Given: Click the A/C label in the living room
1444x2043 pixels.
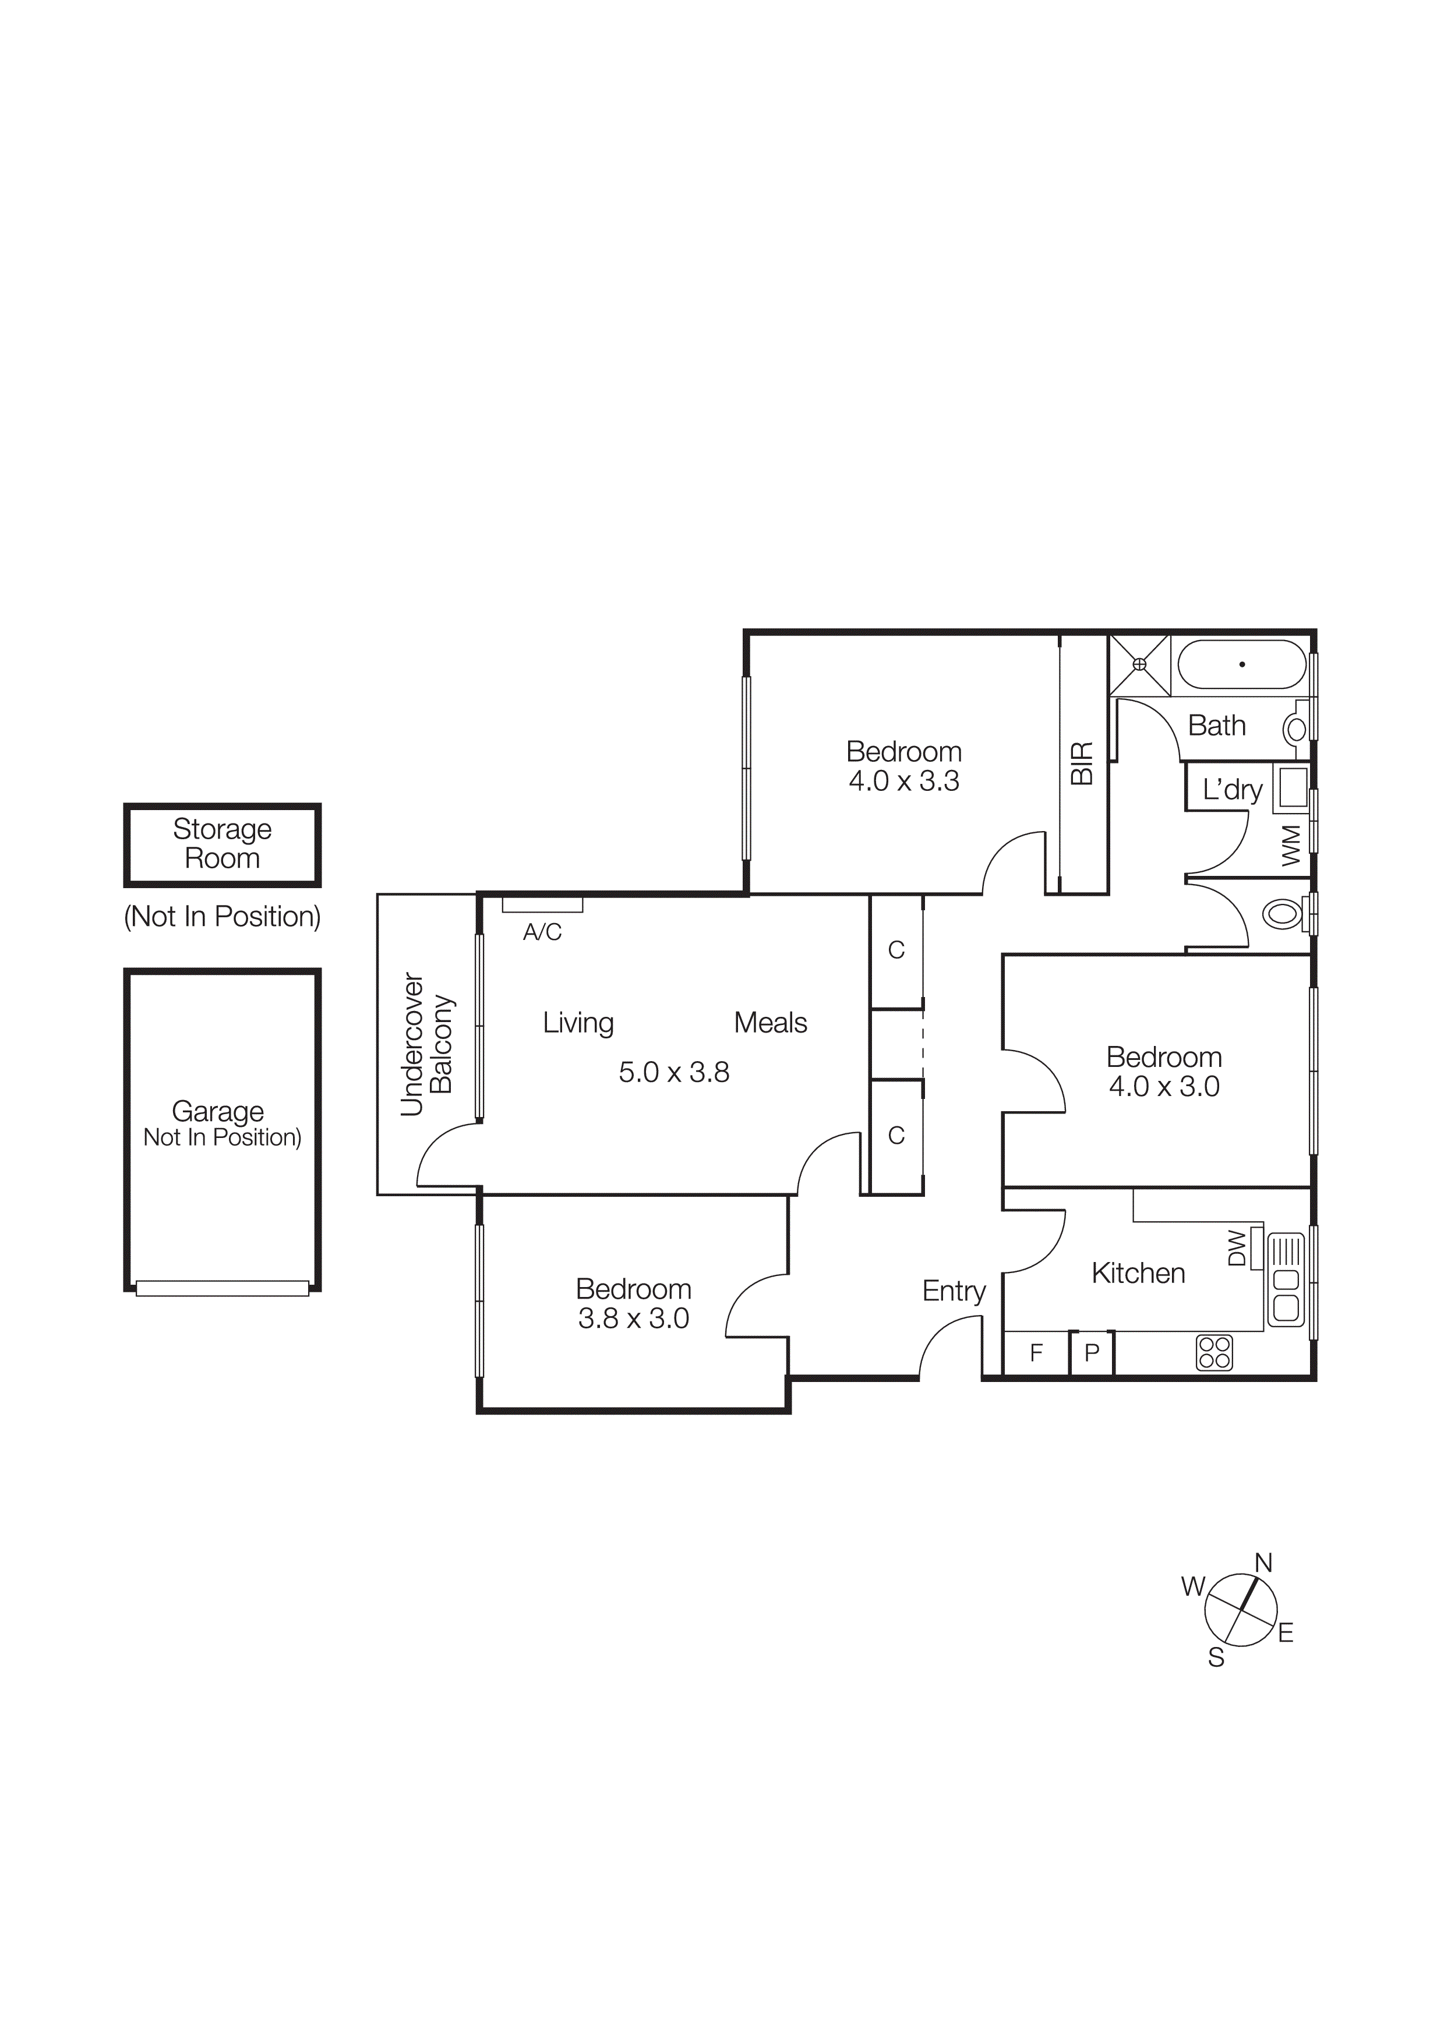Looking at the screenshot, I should [542, 932].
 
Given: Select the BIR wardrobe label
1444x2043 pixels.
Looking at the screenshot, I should [1081, 764].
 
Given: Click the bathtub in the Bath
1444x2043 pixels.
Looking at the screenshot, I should [1241, 664].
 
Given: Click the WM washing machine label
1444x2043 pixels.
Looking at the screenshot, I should [1291, 844].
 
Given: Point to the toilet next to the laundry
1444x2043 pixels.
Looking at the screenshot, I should [1283, 914].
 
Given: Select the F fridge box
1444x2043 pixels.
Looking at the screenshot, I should [1036, 1353].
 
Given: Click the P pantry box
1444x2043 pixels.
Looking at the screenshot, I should [1092, 1354].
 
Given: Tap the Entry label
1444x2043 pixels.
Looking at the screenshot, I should [953, 1291].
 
